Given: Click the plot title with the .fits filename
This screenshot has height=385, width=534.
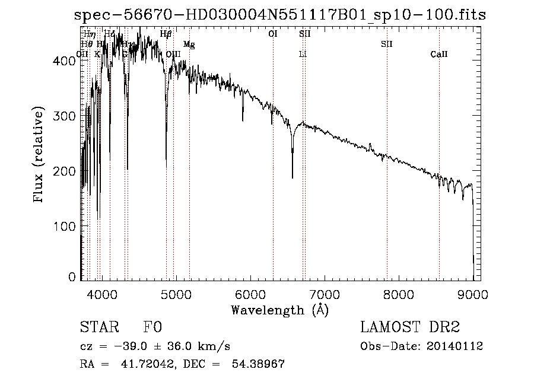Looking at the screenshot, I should pyautogui.click(x=279, y=16).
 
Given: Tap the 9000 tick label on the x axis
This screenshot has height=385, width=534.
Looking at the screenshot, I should pyautogui.click(x=473, y=293).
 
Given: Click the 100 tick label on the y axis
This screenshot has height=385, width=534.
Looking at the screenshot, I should pyautogui.click(x=66, y=226).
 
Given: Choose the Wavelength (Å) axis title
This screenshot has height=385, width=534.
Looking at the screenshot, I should pyautogui.click(x=279, y=309).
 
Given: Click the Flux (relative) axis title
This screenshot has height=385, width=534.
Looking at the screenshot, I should pyautogui.click(x=40, y=156).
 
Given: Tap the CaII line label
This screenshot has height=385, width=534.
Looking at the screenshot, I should pyautogui.click(x=439, y=55).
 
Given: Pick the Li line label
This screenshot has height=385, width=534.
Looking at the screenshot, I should pyautogui.click(x=303, y=55).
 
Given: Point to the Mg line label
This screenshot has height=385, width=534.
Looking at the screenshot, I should pyautogui.click(x=189, y=44).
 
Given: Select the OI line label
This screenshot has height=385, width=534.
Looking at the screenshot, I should pyautogui.click(x=273, y=34).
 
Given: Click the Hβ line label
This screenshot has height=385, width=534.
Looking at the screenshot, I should pyautogui.click(x=166, y=34).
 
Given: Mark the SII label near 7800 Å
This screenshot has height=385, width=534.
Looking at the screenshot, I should pyautogui.click(x=387, y=44).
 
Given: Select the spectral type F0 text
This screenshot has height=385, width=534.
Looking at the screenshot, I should pyautogui.click(x=152, y=327).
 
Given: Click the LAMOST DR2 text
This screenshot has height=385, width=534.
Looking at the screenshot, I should pyautogui.click(x=409, y=327).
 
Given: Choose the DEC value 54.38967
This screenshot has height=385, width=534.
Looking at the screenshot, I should pyautogui.click(x=258, y=364).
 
